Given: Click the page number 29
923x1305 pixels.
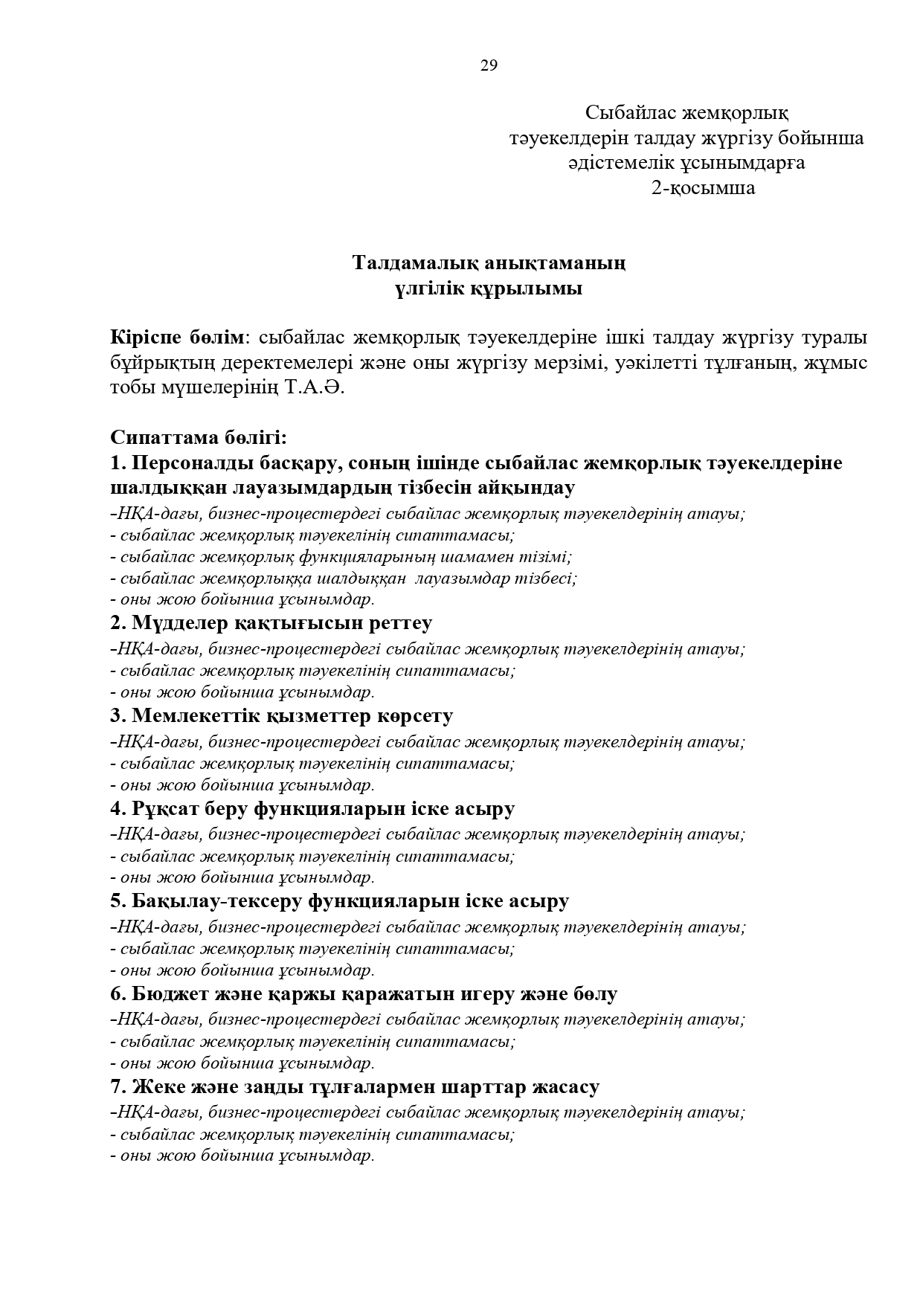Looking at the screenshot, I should [x=489, y=65].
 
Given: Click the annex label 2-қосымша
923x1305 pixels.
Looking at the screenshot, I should [x=703, y=188].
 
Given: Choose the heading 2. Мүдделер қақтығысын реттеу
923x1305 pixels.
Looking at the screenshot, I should [x=271, y=622].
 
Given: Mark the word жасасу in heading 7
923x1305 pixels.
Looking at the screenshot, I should [x=567, y=1087].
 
